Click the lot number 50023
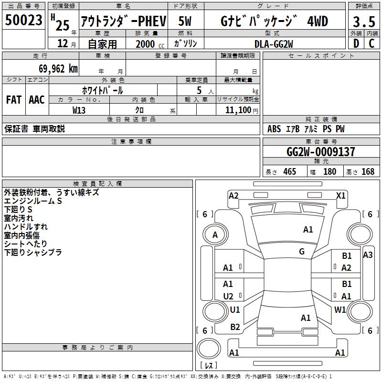(x=23, y=21)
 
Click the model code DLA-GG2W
(x=274, y=44)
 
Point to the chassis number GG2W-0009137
(x=320, y=152)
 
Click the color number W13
(x=79, y=110)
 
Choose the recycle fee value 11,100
(x=237, y=110)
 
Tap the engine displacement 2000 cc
(x=146, y=44)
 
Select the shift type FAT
(x=14, y=100)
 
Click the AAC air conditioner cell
(x=37, y=100)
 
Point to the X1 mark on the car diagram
(x=340, y=195)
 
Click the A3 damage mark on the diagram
(x=368, y=255)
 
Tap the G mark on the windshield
(x=302, y=252)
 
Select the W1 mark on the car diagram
(x=340, y=309)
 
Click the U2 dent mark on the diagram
(x=228, y=296)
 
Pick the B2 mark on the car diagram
(x=235, y=327)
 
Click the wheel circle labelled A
(x=215, y=234)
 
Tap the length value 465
(x=289, y=172)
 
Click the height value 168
(x=368, y=172)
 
